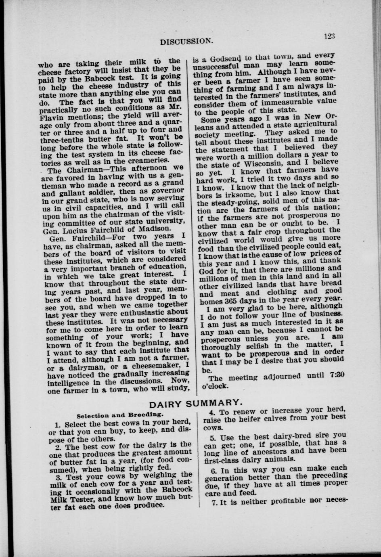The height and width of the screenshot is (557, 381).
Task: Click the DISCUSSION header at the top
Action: point(186,41)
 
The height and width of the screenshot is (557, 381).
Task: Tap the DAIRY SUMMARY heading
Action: point(196,403)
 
